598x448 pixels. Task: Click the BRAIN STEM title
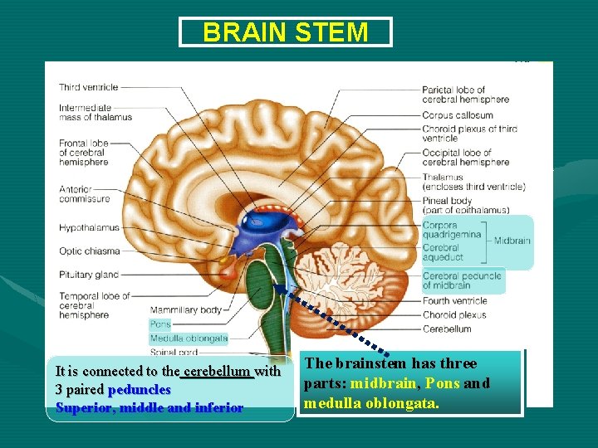point(285,32)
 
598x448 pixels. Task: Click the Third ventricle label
point(88,87)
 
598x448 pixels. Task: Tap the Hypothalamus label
point(89,228)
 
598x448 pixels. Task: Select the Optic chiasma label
point(89,251)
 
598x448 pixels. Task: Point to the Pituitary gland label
point(89,275)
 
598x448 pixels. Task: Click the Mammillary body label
point(185,310)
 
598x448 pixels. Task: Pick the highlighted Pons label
point(160,324)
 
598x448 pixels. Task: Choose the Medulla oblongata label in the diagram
point(189,338)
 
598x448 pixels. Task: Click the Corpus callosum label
point(458,115)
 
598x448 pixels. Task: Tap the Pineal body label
point(447,201)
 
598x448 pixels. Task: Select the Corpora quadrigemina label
point(451,230)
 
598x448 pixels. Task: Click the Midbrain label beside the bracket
point(512,241)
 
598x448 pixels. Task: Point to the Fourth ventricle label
point(454,300)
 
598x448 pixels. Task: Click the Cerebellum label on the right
point(447,329)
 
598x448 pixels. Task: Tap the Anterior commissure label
point(84,193)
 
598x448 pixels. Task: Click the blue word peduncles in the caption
point(140,389)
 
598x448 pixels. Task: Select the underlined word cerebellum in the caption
point(218,371)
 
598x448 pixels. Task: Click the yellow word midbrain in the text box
point(385,383)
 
